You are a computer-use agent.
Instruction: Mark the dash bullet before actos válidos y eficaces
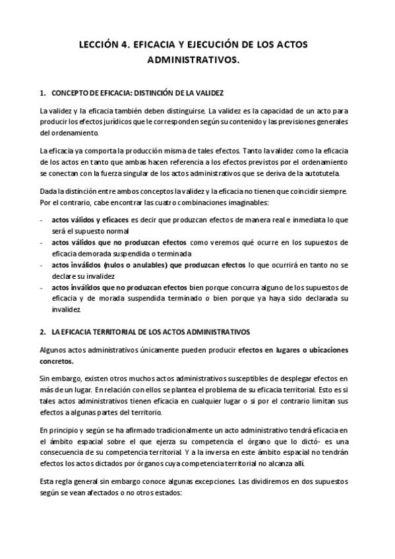point(42,220)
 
